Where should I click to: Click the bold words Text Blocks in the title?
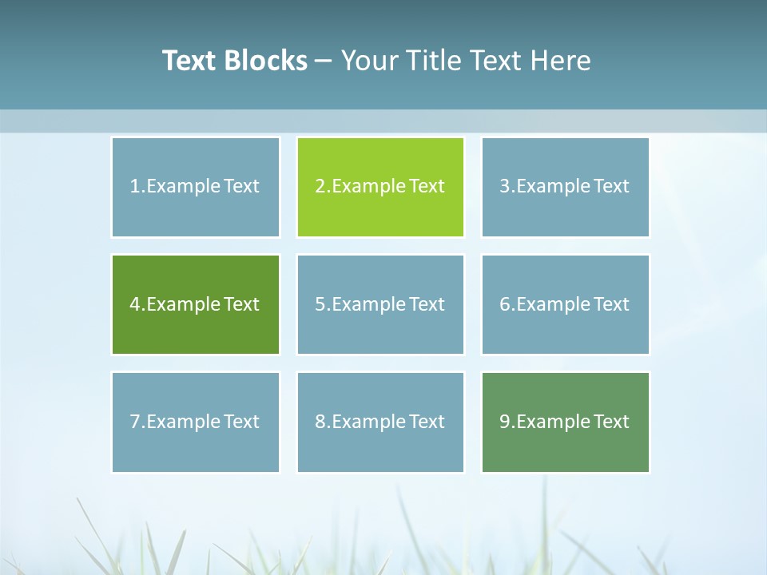click(x=234, y=61)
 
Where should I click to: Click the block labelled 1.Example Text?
click(x=195, y=187)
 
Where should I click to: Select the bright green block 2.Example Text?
click(x=380, y=187)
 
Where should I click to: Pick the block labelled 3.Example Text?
click(x=565, y=187)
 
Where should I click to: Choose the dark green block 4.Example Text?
click(x=195, y=304)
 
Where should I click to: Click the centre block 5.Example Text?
click(x=380, y=304)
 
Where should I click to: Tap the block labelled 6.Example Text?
click(x=565, y=304)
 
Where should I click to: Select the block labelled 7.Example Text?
click(x=195, y=422)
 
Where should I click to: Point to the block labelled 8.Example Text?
click(x=380, y=422)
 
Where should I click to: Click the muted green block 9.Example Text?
click(x=565, y=422)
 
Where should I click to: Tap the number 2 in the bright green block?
click(x=320, y=187)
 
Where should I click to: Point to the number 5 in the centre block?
click(x=320, y=304)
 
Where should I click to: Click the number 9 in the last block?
click(x=505, y=422)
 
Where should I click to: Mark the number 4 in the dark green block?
click(x=135, y=304)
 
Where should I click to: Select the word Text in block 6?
click(x=611, y=304)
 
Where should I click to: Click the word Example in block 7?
click(x=183, y=422)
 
